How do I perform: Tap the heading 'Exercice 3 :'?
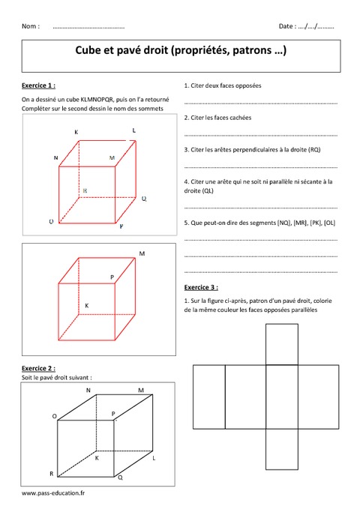201,287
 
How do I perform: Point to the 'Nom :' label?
31,26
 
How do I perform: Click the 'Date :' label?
286,26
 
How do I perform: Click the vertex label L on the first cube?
133,130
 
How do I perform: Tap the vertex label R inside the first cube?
85,192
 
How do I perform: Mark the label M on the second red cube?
142,254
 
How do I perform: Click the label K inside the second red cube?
86,306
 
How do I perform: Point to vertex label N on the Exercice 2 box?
88,391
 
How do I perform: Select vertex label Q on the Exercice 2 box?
120,478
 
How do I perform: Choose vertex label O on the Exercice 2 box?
54,415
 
